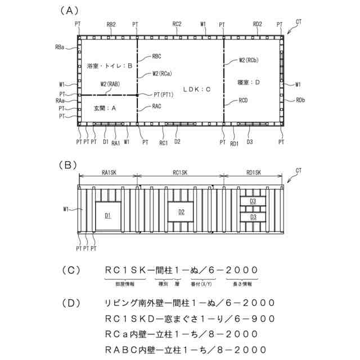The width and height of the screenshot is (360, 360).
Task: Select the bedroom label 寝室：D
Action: pos(249,83)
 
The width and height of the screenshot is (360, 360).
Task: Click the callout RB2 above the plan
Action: pos(111,25)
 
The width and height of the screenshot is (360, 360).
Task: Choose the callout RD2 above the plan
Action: pos(258,24)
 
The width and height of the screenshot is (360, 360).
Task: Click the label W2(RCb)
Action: pos(249,59)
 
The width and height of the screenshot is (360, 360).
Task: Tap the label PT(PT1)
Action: pos(161,95)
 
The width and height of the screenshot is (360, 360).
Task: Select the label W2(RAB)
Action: pos(110,84)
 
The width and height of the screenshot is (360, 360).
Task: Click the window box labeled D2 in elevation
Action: pos(181,212)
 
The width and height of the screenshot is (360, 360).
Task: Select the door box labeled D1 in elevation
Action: pos(107,215)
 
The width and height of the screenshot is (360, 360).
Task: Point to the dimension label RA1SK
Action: pos(109,173)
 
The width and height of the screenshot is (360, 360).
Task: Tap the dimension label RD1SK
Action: pos(254,173)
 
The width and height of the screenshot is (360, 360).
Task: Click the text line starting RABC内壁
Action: pos(186,349)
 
